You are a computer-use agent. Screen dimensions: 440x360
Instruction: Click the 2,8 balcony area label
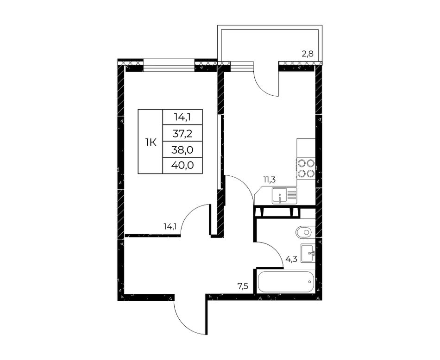(307, 54)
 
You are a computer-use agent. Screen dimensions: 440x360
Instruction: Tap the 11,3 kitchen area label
(269, 180)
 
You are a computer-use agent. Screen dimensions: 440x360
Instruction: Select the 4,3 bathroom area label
(291, 259)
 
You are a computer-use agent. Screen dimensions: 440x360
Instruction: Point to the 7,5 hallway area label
(243, 287)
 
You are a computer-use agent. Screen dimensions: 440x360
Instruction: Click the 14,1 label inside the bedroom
(170, 226)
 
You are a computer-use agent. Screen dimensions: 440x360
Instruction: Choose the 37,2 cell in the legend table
(182, 133)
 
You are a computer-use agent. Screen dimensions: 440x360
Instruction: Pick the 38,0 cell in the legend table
(182, 150)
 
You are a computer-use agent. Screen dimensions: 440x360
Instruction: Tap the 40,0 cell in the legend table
(182, 165)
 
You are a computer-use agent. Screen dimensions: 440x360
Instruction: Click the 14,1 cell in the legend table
(182, 117)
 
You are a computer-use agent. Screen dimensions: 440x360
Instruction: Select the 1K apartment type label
(151, 143)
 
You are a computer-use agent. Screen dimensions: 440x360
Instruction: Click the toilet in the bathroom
(304, 232)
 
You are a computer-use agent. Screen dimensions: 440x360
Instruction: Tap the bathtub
(285, 281)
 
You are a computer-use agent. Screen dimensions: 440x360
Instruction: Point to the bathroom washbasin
(308, 253)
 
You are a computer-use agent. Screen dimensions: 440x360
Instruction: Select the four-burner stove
(306, 168)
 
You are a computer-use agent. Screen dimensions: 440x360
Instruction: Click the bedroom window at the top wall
(169, 65)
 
